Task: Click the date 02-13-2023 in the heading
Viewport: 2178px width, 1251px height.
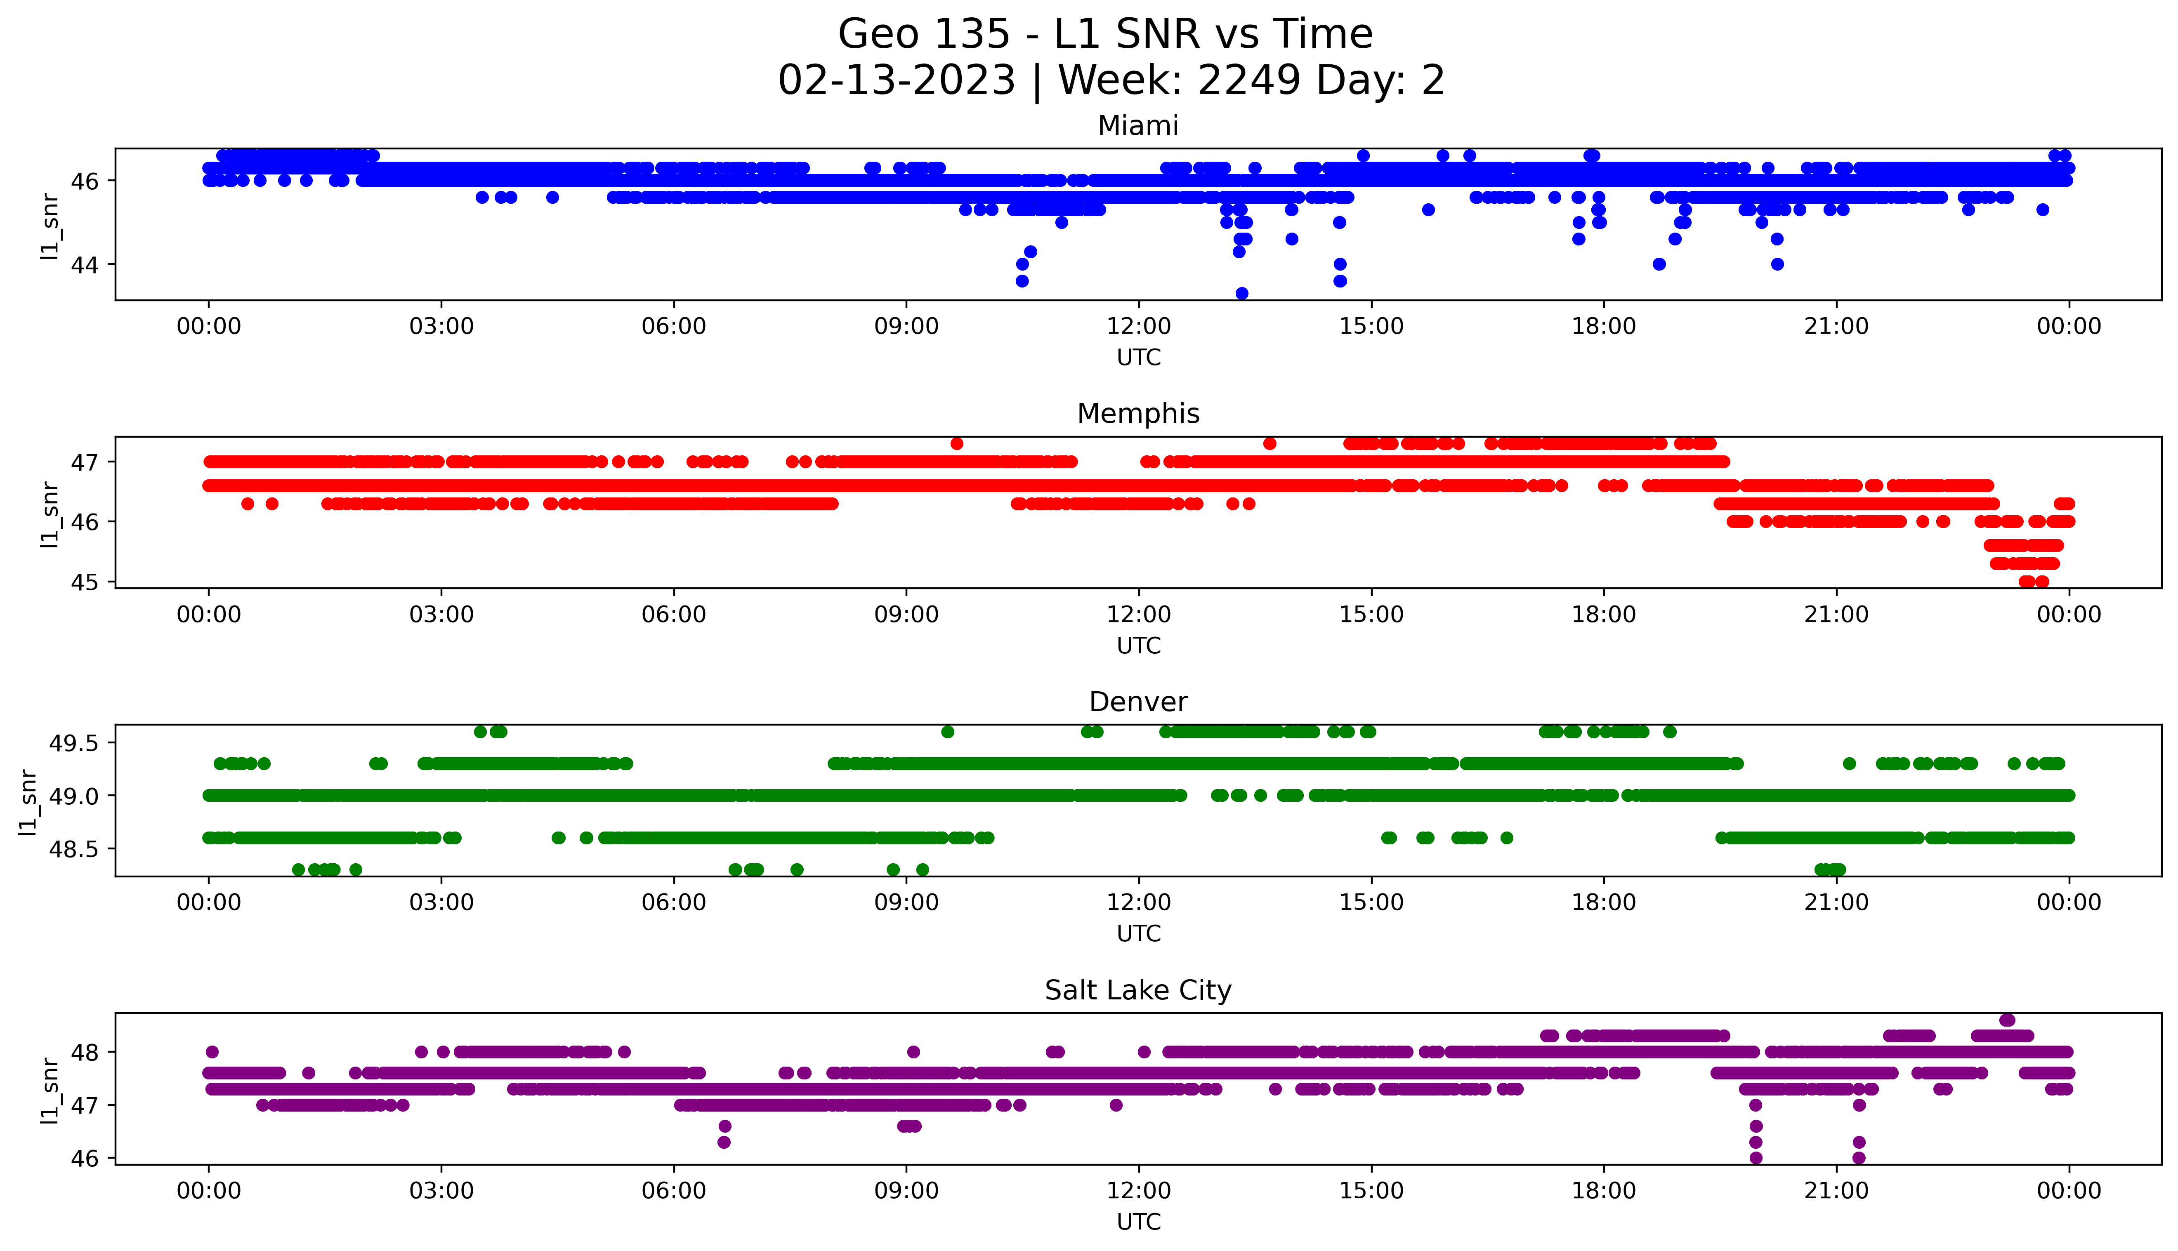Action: pos(896,81)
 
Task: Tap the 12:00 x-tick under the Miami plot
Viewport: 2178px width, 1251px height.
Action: pos(1138,327)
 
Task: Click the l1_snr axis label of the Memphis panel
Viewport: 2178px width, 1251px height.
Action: pos(50,514)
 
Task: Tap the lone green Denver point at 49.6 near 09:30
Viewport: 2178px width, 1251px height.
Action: pos(948,732)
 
